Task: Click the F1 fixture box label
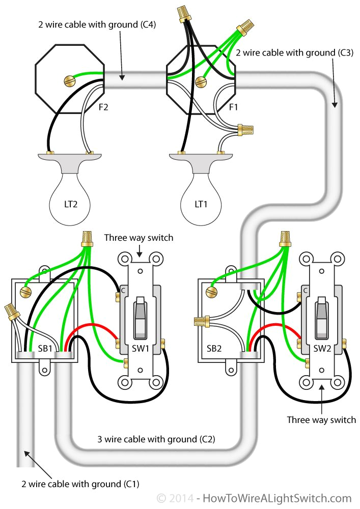pos(234,107)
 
